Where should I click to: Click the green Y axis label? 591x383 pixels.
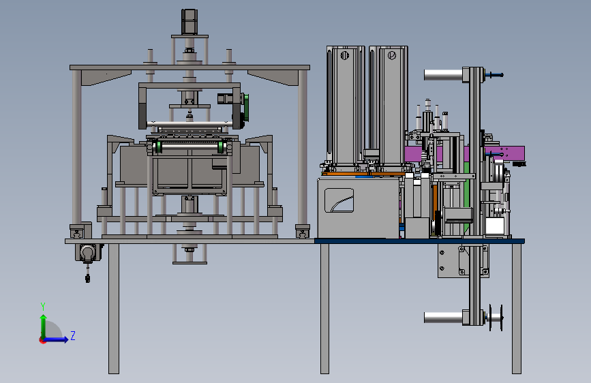tap(43, 307)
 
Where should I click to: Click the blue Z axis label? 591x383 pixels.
tap(73, 335)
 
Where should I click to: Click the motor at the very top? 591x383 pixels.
tap(190, 22)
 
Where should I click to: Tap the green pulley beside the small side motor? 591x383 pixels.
tap(245, 108)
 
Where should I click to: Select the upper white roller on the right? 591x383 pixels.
tap(443, 75)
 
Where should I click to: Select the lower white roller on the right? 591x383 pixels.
tap(443, 318)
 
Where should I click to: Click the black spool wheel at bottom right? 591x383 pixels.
tap(496, 318)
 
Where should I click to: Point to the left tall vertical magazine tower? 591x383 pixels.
tap(345, 105)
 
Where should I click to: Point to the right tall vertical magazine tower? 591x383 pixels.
tap(389, 105)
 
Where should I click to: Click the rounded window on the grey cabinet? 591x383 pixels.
tap(339, 200)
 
